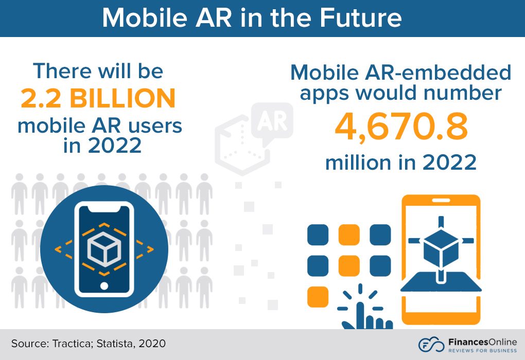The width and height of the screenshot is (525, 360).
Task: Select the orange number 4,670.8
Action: (x=401, y=129)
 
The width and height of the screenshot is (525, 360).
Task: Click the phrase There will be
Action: (x=98, y=70)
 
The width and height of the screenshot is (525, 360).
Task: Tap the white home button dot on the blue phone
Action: (x=104, y=285)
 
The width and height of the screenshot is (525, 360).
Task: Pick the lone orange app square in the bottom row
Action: (x=318, y=297)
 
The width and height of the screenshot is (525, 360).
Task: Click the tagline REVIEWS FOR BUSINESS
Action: (x=477, y=350)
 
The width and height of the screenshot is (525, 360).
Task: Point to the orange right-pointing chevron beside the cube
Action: (x=149, y=249)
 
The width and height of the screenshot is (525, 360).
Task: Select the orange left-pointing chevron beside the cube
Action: (x=59, y=249)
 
